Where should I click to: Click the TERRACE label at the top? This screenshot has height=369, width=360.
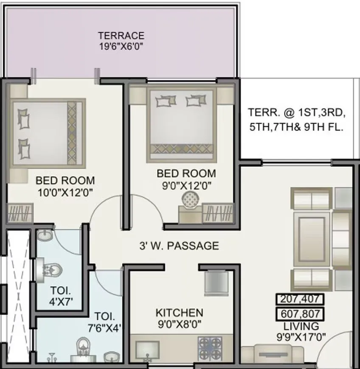coord(121,36)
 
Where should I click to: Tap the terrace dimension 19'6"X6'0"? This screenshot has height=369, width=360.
coord(121,46)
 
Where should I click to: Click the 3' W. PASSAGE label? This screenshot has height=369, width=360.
coord(179,246)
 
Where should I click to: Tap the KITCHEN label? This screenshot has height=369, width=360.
coord(179,313)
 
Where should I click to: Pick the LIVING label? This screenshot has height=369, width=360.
coord(301,327)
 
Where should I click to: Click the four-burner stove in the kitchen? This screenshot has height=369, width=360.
coord(210,348)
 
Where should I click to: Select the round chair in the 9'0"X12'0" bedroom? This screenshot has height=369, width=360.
coord(191,198)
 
